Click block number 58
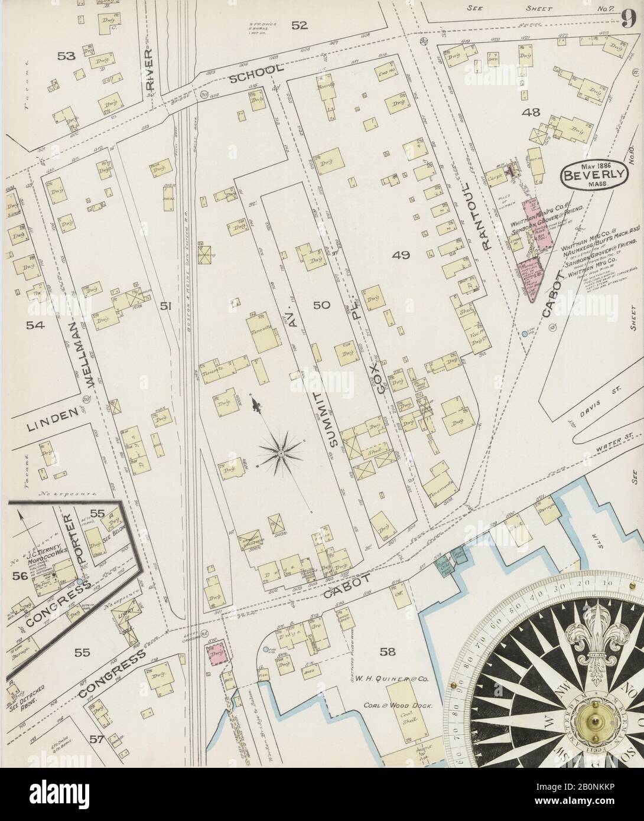(x=388, y=651)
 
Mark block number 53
(x=66, y=56)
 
